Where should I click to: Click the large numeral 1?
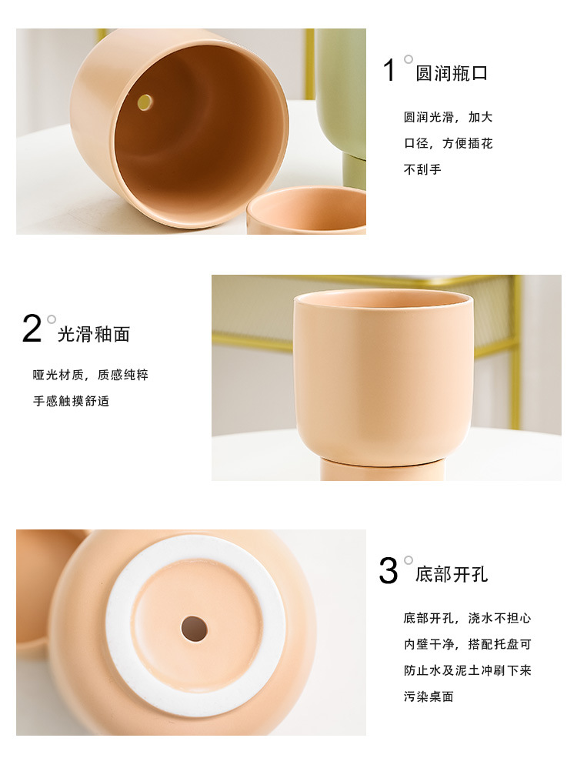coord(390,71)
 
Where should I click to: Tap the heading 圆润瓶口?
coord(452,74)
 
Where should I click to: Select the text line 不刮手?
coord(422,169)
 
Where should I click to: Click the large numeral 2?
coord(32,329)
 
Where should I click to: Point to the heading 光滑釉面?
coord(94,334)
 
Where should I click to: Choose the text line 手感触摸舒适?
coord(71,402)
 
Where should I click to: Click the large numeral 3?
coord(389,571)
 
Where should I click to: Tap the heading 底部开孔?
coord(452,575)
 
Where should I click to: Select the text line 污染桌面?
coord(429,696)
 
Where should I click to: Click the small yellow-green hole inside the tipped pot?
coord(145,102)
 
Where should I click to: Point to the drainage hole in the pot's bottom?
coord(194,629)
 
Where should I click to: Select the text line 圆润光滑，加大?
coord(448,118)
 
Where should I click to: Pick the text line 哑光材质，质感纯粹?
coord(90,376)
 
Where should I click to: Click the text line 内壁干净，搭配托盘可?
coord(467,644)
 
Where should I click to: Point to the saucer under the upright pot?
coord(382,470)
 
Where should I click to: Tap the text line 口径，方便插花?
coord(448,143)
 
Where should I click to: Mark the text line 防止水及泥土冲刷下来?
coord(467,670)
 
